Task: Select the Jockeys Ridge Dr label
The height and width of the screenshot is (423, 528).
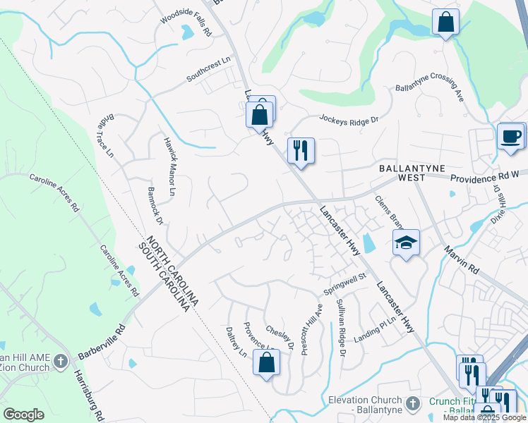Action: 349,120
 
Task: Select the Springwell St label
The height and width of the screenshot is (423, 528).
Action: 346,283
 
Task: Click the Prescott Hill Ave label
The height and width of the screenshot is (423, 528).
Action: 312,329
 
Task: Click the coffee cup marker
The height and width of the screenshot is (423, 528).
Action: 511,135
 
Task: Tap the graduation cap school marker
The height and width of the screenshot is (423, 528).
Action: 406,243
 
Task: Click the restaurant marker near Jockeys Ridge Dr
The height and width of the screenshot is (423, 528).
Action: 301,150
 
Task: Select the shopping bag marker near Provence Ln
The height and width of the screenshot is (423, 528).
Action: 266,363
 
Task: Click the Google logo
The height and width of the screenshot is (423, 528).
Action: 23,415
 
